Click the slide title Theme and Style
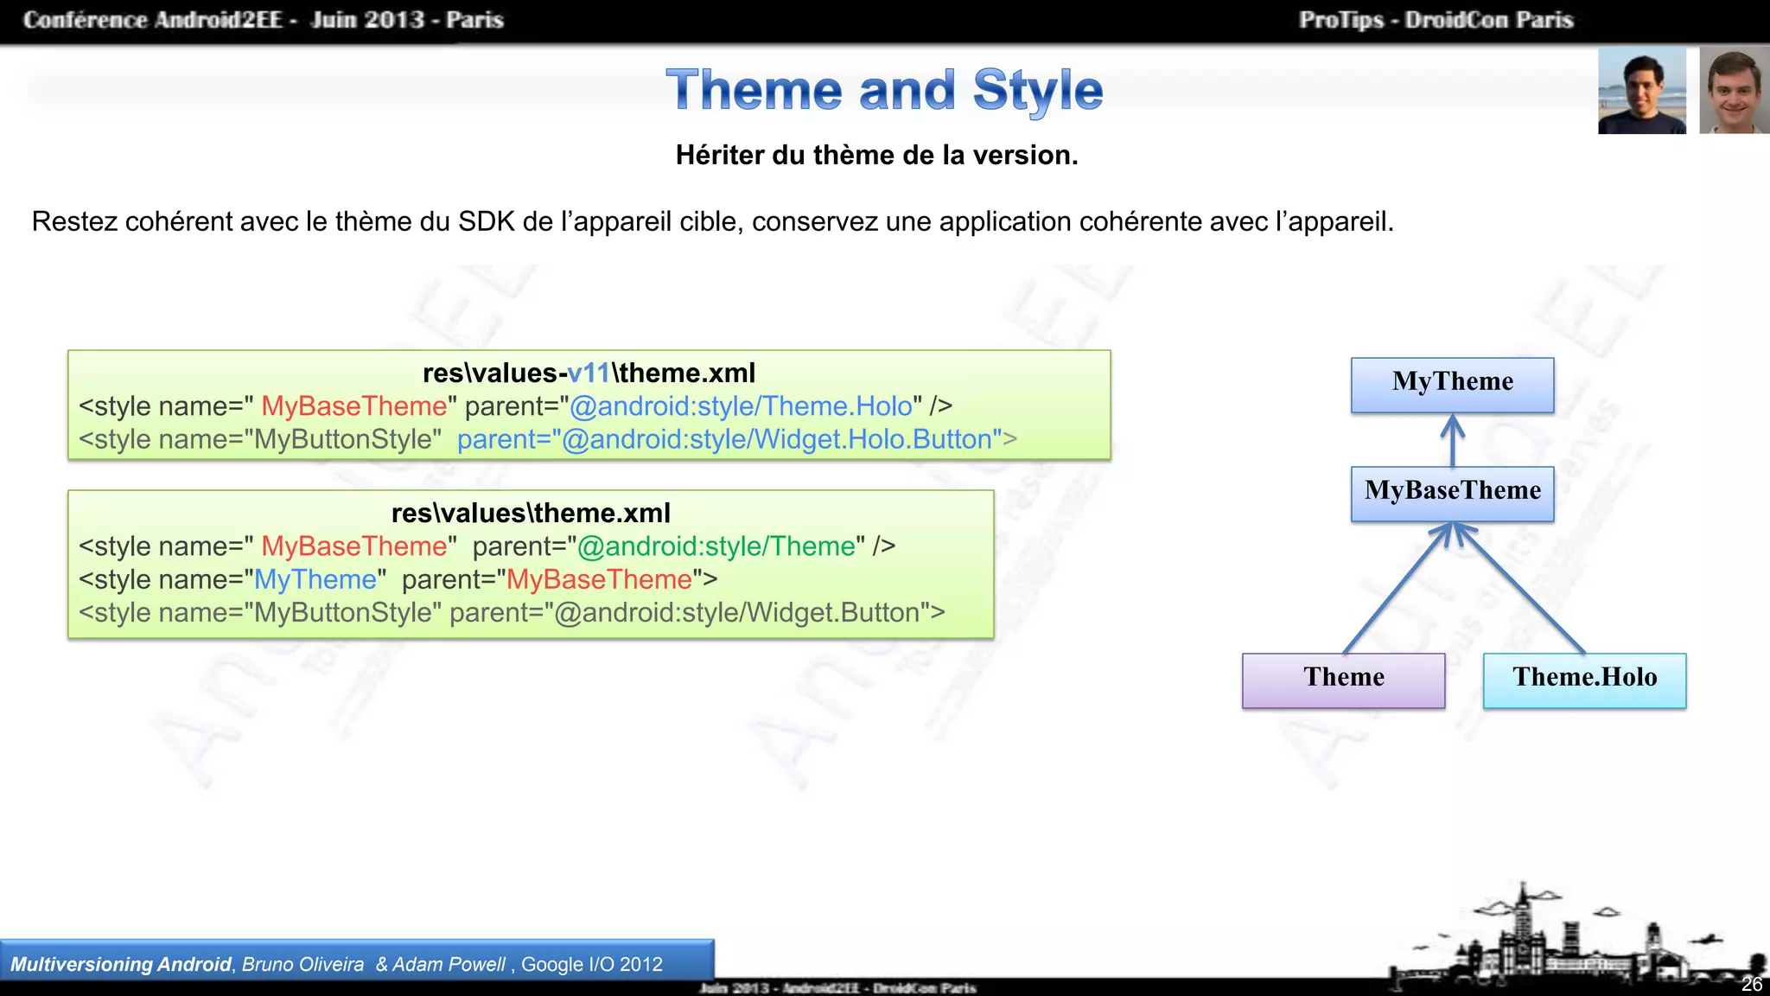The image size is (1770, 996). click(884, 90)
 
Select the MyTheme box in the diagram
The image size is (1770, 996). click(1452, 385)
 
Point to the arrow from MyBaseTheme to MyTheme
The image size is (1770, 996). click(1452, 440)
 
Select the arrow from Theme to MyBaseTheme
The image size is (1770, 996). click(1396, 588)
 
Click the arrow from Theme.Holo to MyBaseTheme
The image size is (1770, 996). click(1521, 588)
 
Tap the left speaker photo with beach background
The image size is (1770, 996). click(1641, 91)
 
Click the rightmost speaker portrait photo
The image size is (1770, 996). click(1734, 91)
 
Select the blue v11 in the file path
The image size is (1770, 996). click(589, 373)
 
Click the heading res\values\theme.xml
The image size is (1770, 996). click(531, 514)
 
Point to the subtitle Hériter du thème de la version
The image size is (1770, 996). click(876, 156)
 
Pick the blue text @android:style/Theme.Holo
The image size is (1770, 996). click(741, 406)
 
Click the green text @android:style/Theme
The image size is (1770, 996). click(716, 546)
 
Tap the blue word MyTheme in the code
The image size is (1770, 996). click(315, 579)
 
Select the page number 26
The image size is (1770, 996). click(1751, 984)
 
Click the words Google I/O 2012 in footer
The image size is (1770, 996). click(592, 965)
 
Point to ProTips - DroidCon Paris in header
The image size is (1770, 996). click(1436, 20)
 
